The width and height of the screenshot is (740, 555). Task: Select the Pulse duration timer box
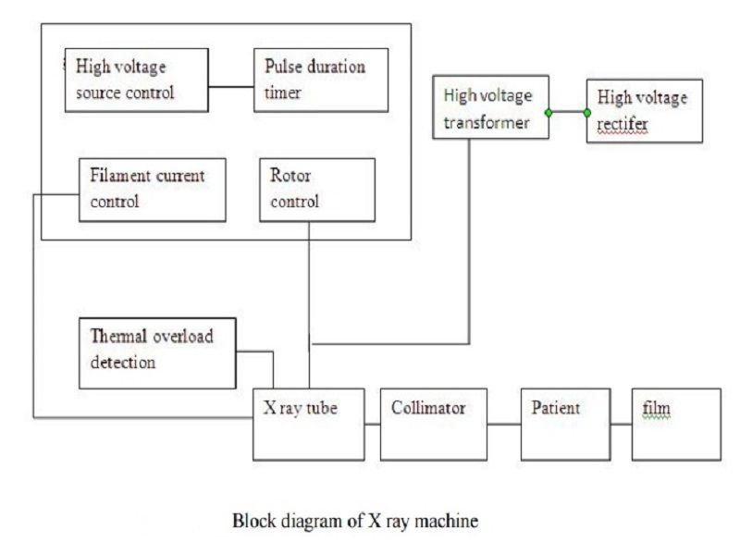tap(321, 80)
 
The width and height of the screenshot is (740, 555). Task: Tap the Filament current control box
tap(153, 189)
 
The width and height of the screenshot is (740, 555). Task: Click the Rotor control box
tap(317, 189)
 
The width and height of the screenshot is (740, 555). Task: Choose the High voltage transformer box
tap(490, 108)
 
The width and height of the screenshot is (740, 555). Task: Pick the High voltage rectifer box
tap(644, 111)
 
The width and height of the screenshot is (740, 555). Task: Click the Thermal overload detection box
tap(156, 352)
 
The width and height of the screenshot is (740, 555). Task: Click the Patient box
tap(565, 424)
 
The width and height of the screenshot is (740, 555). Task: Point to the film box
tap(675, 424)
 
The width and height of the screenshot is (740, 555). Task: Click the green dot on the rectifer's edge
tap(587, 112)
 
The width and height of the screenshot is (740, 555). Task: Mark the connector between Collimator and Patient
tap(504, 425)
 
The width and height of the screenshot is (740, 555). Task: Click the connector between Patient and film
tap(621, 425)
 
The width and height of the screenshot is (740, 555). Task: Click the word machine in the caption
tap(450, 522)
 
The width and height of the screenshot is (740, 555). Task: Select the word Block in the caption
tap(250, 522)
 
